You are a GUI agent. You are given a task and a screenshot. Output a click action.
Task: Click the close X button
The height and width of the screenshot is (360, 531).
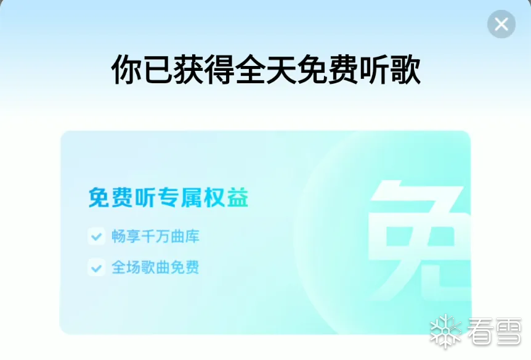(x=501, y=24)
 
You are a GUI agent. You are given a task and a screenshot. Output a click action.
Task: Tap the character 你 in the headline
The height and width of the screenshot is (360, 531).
(x=126, y=70)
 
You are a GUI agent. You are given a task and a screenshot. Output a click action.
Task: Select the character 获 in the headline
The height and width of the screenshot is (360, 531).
(x=188, y=70)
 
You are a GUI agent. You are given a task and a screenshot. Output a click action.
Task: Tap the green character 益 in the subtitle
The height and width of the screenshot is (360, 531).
(x=238, y=197)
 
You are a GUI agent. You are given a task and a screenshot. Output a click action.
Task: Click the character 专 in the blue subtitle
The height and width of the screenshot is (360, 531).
(x=169, y=197)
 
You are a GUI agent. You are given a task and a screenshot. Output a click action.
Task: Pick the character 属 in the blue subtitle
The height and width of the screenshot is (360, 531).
(x=192, y=197)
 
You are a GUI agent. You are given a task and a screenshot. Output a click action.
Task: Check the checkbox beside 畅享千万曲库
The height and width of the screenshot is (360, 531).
(x=97, y=236)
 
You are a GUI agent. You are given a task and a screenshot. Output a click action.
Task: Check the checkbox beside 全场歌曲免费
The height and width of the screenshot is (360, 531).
(x=97, y=267)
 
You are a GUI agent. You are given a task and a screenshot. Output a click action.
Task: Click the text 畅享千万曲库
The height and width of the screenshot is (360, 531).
(x=155, y=236)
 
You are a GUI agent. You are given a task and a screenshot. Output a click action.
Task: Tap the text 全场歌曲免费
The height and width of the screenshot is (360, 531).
(x=155, y=267)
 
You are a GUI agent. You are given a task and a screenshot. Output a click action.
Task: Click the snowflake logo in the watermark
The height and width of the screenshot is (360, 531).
(x=446, y=331)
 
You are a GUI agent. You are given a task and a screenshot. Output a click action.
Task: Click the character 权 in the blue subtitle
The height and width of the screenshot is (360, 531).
(x=215, y=197)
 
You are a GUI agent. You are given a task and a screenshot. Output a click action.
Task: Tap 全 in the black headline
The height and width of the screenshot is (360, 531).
(x=250, y=70)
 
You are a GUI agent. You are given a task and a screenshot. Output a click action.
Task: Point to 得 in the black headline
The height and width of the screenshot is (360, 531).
(x=219, y=70)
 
